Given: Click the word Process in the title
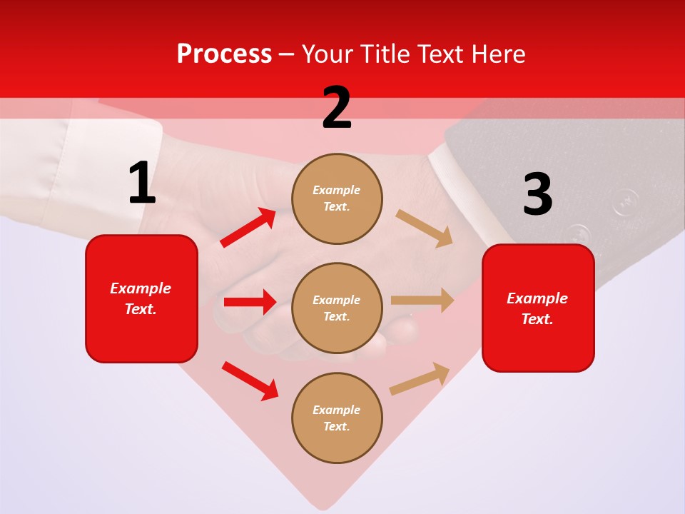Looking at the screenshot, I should [224, 54].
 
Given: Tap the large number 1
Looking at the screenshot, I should [142, 183].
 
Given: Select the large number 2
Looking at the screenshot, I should [337, 108].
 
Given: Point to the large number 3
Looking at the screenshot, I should [537, 195].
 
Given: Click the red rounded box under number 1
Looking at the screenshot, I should [141, 298].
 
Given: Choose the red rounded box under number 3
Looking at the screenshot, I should [538, 308].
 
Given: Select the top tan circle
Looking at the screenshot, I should [337, 198].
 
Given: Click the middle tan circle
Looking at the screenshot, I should [337, 308].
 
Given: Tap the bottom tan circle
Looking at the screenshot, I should [337, 418].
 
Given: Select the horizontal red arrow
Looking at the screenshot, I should [250, 302].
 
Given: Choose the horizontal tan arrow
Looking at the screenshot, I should [422, 300].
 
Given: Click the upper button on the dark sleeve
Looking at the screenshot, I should [626, 201].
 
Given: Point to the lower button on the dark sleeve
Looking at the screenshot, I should [578, 234].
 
